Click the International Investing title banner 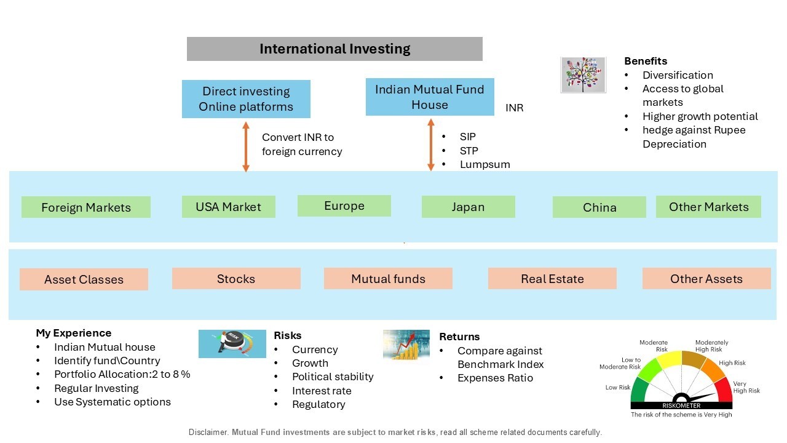click(x=334, y=49)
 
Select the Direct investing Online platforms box click(x=246, y=99)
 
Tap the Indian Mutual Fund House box click(x=430, y=97)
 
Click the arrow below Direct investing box click(x=246, y=146)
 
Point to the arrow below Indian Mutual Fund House click(x=431, y=145)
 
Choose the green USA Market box click(x=228, y=207)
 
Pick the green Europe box click(x=344, y=206)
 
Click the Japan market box click(x=469, y=207)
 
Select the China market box click(x=599, y=207)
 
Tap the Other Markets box click(x=708, y=207)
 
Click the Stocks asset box click(x=236, y=279)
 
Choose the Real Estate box click(x=552, y=279)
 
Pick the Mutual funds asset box click(x=388, y=279)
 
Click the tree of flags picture click(x=583, y=75)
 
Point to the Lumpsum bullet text click(x=485, y=164)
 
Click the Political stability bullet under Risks click(x=333, y=377)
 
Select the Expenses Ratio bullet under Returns click(x=495, y=378)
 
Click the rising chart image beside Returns click(x=406, y=345)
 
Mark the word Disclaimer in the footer click(x=208, y=432)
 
